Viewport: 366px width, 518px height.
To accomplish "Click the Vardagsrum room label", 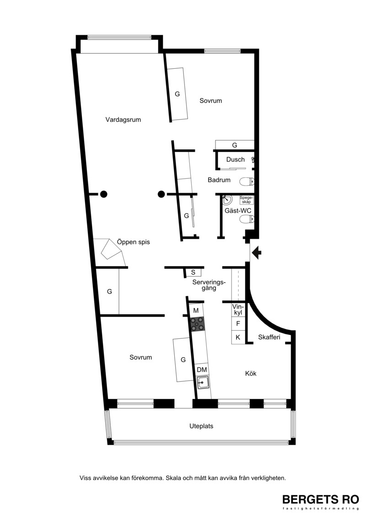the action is coord(123,120).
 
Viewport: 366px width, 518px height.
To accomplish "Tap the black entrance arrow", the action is coord(257,253).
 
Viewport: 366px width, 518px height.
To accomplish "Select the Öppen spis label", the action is coord(133,242).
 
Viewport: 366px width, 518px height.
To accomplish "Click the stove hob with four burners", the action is coord(198,324).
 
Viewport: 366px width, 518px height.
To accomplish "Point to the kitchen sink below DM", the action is coord(203,383).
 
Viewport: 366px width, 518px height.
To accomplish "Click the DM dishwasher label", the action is coord(202,370).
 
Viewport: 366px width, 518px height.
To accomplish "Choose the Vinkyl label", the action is coord(237,310).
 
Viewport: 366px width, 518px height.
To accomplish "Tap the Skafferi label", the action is coord(269,337).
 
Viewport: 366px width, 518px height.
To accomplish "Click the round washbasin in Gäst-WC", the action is coord(227,200).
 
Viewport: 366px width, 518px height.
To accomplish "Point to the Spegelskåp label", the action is coord(247,200).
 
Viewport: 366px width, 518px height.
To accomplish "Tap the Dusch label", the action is coord(235,159).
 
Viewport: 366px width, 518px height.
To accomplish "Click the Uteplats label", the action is coord(201,426).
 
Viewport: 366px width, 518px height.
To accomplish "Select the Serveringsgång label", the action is coord(209,285).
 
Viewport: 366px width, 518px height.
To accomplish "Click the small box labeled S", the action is coord(194,272).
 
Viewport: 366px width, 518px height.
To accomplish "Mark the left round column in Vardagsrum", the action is coord(104,194).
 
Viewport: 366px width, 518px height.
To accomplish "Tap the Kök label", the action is coord(251,374).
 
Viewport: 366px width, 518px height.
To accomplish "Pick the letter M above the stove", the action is coord(196,311).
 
